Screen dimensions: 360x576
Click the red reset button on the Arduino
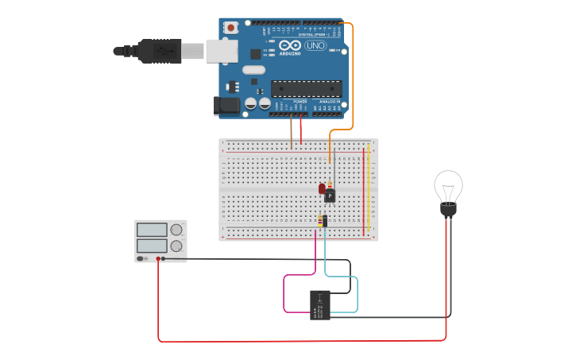231,28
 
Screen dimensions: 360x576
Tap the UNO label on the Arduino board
315,46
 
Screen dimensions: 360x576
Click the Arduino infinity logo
289,47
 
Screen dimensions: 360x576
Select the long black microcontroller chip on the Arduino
306,89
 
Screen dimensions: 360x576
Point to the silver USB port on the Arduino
222,51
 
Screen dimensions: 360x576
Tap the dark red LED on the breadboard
323,189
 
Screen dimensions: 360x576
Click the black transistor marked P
330,195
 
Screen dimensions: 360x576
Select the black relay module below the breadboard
319,305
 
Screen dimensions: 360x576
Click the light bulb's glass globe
448,187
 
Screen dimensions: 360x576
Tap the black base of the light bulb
448,211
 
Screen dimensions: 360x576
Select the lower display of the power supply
152,246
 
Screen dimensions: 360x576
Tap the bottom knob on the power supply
176,246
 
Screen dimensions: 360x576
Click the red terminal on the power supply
159,259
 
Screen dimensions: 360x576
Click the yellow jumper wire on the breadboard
369,191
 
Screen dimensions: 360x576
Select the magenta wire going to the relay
284,294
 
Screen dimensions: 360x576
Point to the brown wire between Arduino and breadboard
292,131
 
